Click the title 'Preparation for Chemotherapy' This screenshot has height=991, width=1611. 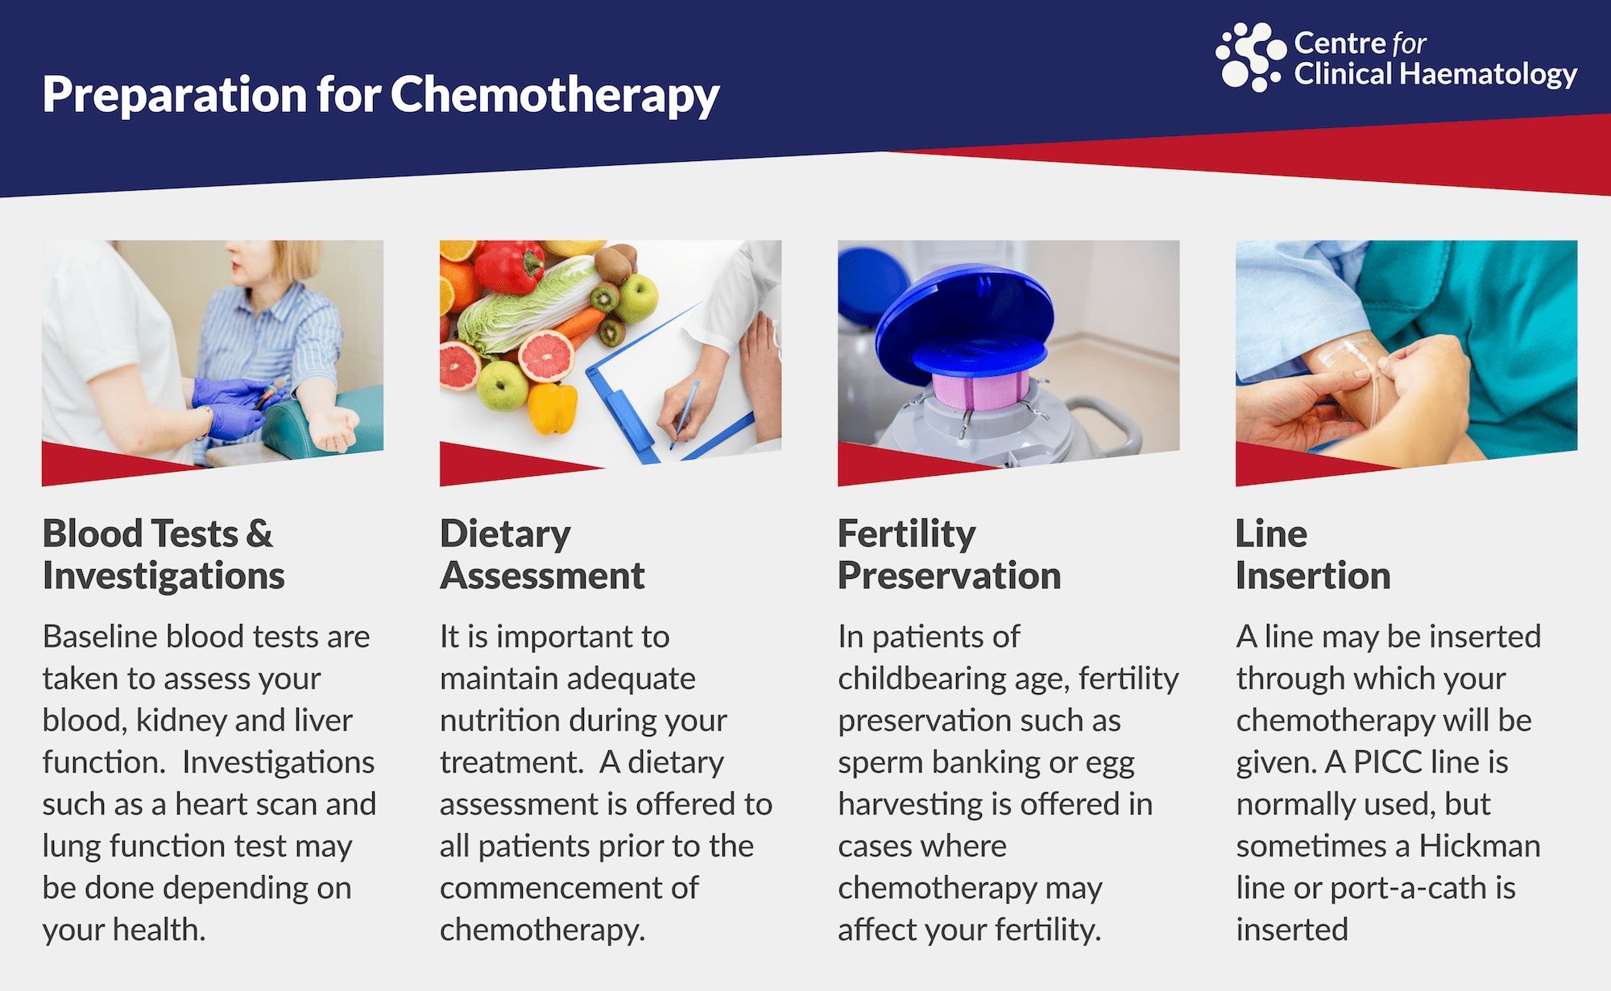[x=381, y=95]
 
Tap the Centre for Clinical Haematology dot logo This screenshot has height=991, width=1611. [x=1251, y=56]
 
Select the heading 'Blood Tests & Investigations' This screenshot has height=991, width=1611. [x=164, y=555]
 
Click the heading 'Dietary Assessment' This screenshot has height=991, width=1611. [x=542, y=555]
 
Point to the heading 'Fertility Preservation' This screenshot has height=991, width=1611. [x=949, y=555]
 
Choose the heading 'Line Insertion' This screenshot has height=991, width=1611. [x=1313, y=555]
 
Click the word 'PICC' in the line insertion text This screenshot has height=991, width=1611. [x=1388, y=762]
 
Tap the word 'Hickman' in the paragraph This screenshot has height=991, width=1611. [x=1480, y=845]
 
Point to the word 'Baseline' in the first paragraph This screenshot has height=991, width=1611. [x=100, y=636]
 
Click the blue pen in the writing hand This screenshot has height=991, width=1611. [x=684, y=414]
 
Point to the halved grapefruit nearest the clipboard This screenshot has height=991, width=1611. [x=547, y=355]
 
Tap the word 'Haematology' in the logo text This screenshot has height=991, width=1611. [x=1489, y=76]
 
